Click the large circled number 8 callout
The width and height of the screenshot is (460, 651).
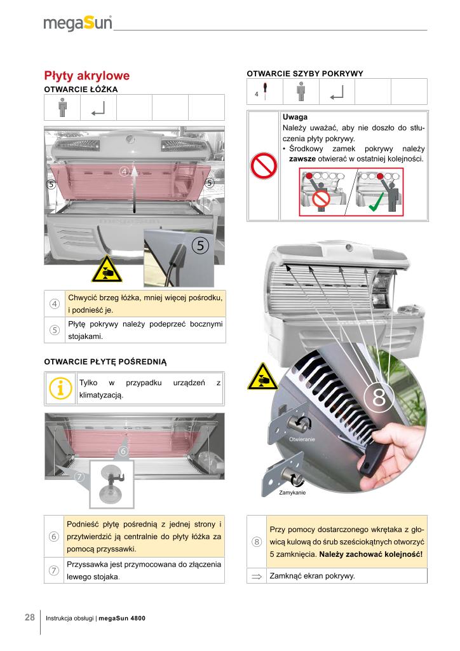pos(379,397)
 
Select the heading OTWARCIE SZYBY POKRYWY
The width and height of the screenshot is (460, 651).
pos(304,74)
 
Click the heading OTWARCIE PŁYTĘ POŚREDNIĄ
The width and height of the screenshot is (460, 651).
pos(105,362)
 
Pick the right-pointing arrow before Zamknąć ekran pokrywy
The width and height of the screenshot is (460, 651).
pos(257,577)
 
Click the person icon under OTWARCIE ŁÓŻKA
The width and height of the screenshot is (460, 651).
pos(62,107)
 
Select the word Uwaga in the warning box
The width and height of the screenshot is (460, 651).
pos(295,118)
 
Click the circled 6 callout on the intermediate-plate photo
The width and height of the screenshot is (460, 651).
pos(124,450)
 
